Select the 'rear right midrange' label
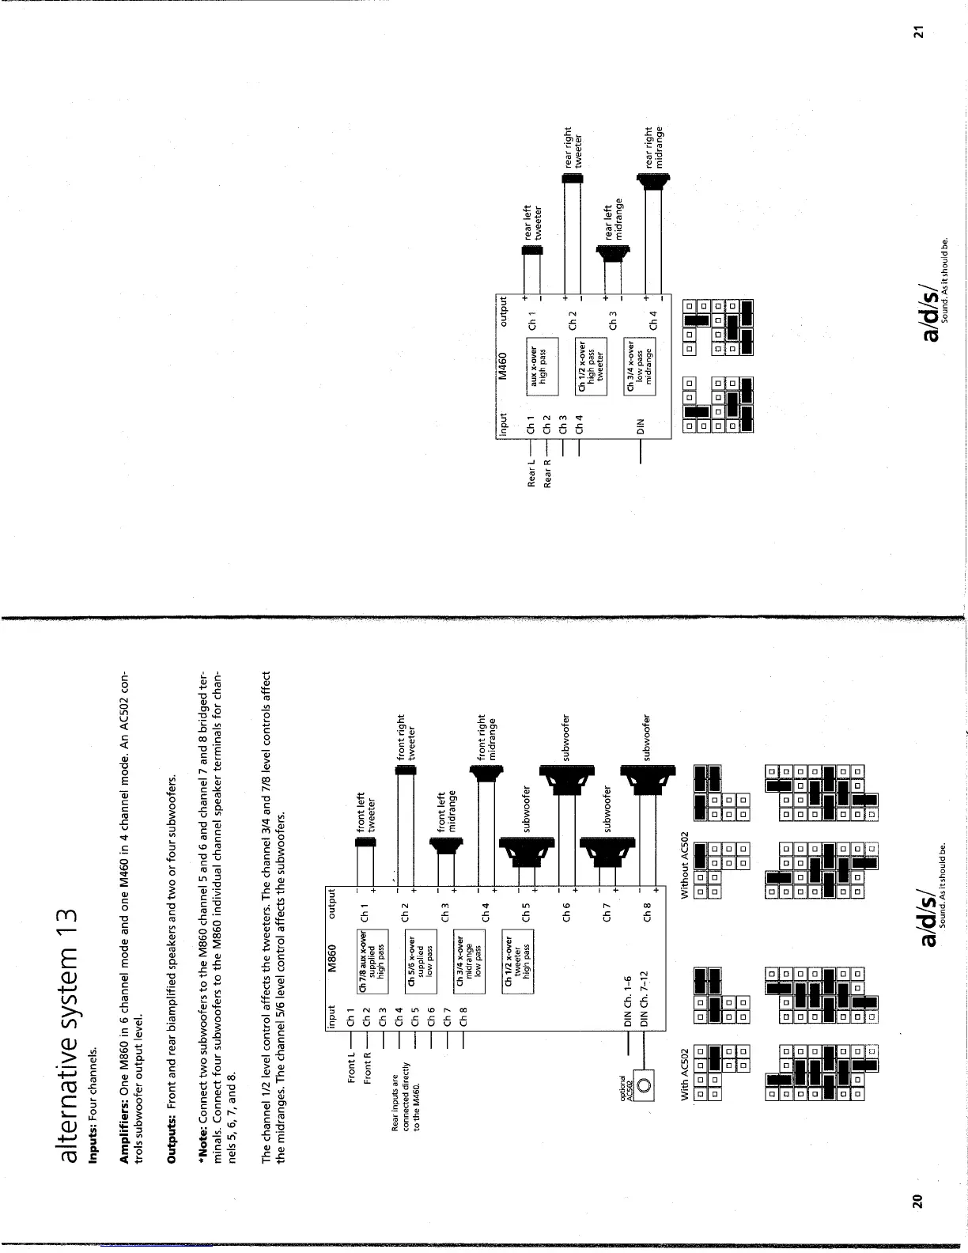point(655,147)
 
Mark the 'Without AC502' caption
point(686,865)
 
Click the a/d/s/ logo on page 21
point(935,313)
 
